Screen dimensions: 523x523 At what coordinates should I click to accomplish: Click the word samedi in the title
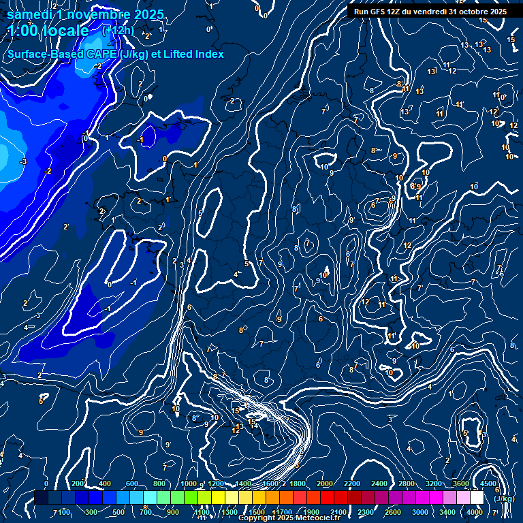(31, 14)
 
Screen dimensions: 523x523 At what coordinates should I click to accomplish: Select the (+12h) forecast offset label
(117, 31)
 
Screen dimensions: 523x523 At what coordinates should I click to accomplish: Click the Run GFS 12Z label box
(430, 12)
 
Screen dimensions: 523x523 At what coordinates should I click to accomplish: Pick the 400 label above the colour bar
(105, 484)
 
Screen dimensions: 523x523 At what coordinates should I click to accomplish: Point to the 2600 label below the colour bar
(393, 512)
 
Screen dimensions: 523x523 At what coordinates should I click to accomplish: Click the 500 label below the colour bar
(118, 512)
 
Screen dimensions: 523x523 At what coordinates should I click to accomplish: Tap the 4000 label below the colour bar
(475, 512)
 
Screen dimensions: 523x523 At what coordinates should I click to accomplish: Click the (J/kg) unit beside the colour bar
(504, 498)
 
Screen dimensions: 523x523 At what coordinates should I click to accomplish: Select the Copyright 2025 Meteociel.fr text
(289, 518)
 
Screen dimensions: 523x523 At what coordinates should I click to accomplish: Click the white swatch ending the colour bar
(477, 498)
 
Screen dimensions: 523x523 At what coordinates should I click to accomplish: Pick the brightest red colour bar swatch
(327, 498)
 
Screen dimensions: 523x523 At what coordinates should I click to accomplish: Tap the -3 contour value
(23, 161)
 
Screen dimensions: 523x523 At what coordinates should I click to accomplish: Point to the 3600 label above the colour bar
(461, 484)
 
